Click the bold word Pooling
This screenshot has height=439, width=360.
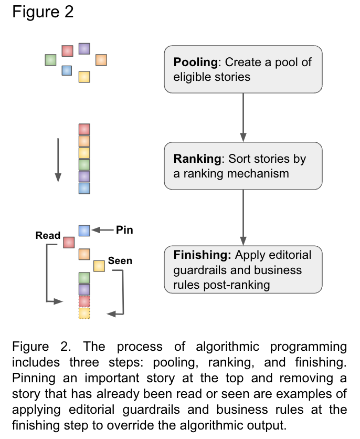point(196,62)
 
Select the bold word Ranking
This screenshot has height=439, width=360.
point(197,159)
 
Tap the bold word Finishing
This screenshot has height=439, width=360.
point(202,255)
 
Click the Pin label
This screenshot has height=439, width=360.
point(124,230)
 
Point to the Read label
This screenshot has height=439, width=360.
point(48,235)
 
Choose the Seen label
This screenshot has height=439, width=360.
point(120,260)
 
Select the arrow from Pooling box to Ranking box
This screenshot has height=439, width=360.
point(243,117)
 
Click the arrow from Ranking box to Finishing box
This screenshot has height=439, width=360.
point(243,217)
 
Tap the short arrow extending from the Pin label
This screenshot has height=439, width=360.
point(102,230)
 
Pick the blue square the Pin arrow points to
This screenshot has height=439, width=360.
point(84,231)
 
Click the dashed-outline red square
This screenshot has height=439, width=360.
point(84,301)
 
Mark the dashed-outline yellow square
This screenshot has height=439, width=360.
point(84,313)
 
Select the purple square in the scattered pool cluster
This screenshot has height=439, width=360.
point(84,49)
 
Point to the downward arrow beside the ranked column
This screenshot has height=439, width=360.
point(58,160)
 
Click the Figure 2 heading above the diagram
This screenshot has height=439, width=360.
point(43,12)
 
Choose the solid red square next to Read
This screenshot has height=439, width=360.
point(69,243)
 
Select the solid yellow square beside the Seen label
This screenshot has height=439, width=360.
point(99,266)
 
